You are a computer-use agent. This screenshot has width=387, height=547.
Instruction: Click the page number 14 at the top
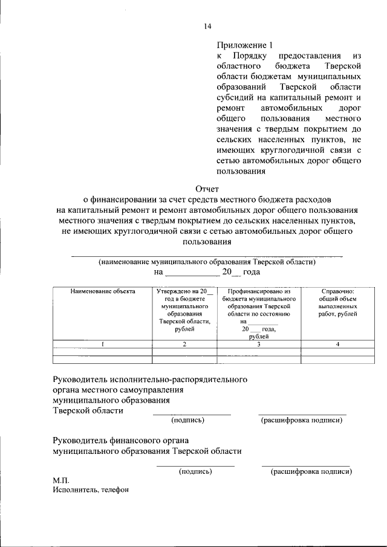(207, 26)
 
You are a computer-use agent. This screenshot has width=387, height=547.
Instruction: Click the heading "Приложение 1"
(245, 45)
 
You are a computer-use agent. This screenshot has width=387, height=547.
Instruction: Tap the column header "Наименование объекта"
(103, 291)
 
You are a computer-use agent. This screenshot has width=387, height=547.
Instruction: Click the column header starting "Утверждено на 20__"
(184, 310)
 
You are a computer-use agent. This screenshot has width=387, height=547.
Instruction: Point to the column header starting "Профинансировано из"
(258, 314)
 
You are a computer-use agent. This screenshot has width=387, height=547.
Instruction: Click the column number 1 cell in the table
(103, 344)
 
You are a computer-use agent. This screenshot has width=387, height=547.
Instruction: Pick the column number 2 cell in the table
(184, 344)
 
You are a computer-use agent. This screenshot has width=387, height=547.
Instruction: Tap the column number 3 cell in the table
(258, 344)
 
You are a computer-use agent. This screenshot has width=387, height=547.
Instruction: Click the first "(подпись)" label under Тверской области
(188, 420)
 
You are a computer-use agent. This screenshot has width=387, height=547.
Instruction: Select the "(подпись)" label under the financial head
(195, 471)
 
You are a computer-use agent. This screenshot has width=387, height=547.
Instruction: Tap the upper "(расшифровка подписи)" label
(302, 420)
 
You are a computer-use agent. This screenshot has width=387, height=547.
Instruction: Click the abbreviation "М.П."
(61, 480)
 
